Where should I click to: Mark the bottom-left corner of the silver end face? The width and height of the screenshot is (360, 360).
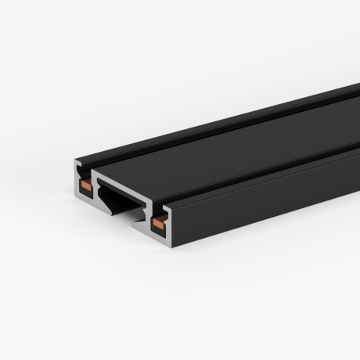coord(77,196)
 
